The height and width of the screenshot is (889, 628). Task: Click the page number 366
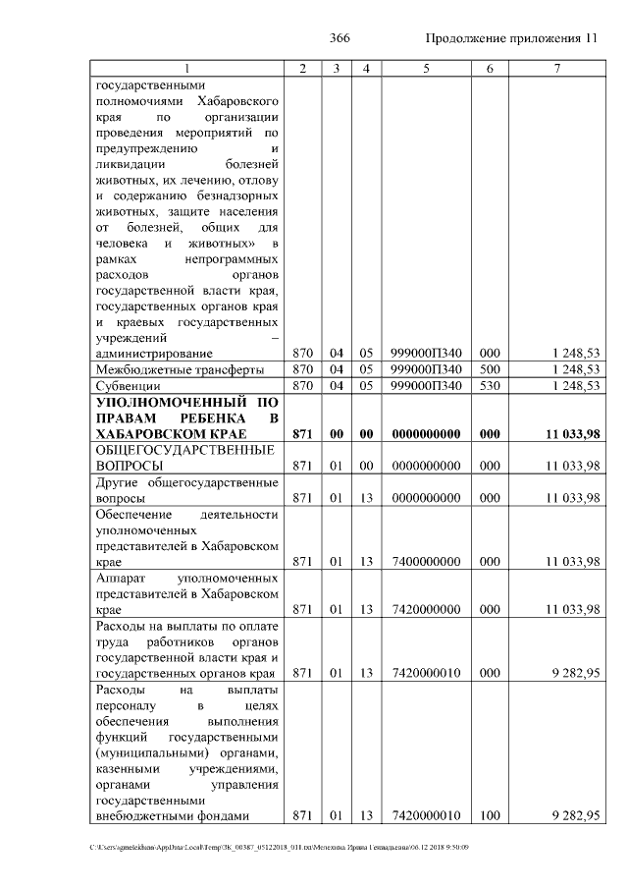(340, 38)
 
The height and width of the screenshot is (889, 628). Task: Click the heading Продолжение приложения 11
(511, 38)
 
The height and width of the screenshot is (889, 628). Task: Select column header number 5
(426, 68)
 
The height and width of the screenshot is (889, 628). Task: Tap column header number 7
(556, 68)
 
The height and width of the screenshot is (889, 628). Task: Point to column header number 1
(186, 68)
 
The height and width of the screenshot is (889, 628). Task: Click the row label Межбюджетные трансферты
(165, 369)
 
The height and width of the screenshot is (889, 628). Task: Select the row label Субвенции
(128, 387)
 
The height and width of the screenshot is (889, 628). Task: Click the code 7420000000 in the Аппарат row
(426, 609)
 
